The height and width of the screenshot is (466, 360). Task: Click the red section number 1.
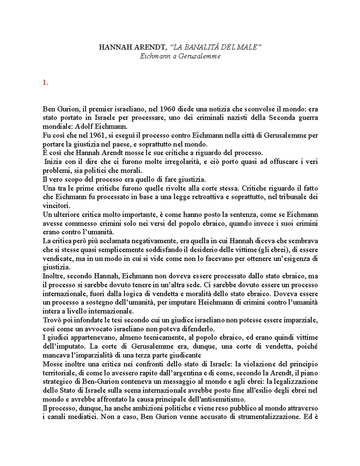point(45,83)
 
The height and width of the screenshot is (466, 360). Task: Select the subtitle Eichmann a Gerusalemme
point(180,56)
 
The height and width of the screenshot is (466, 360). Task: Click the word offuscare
point(273,162)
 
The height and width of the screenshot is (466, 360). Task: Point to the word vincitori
point(56,206)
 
